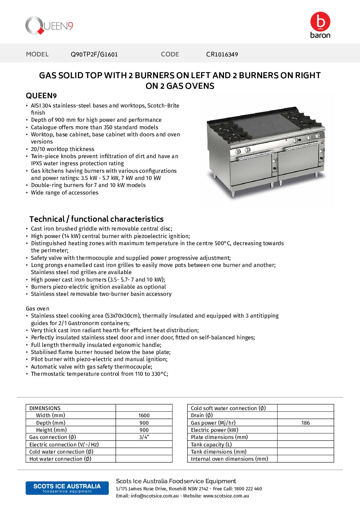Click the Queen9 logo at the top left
(x=49, y=26)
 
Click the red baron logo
(x=320, y=25)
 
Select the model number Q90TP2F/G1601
(x=94, y=54)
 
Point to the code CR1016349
(x=222, y=54)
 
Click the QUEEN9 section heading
(x=41, y=96)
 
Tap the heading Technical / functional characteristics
(x=96, y=219)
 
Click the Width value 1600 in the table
(x=144, y=415)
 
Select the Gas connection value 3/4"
(x=144, y=437)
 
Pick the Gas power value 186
(x=305, y=423)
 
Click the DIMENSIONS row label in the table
(x=45, y=408)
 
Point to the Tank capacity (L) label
(x=211, y=444)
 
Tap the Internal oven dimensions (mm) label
(x=229, y=459)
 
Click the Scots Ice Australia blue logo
(x=67, y=488)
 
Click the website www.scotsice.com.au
(x=226, y=496)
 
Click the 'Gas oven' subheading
(x=37, y=308)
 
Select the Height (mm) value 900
(x=144, y=430)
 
